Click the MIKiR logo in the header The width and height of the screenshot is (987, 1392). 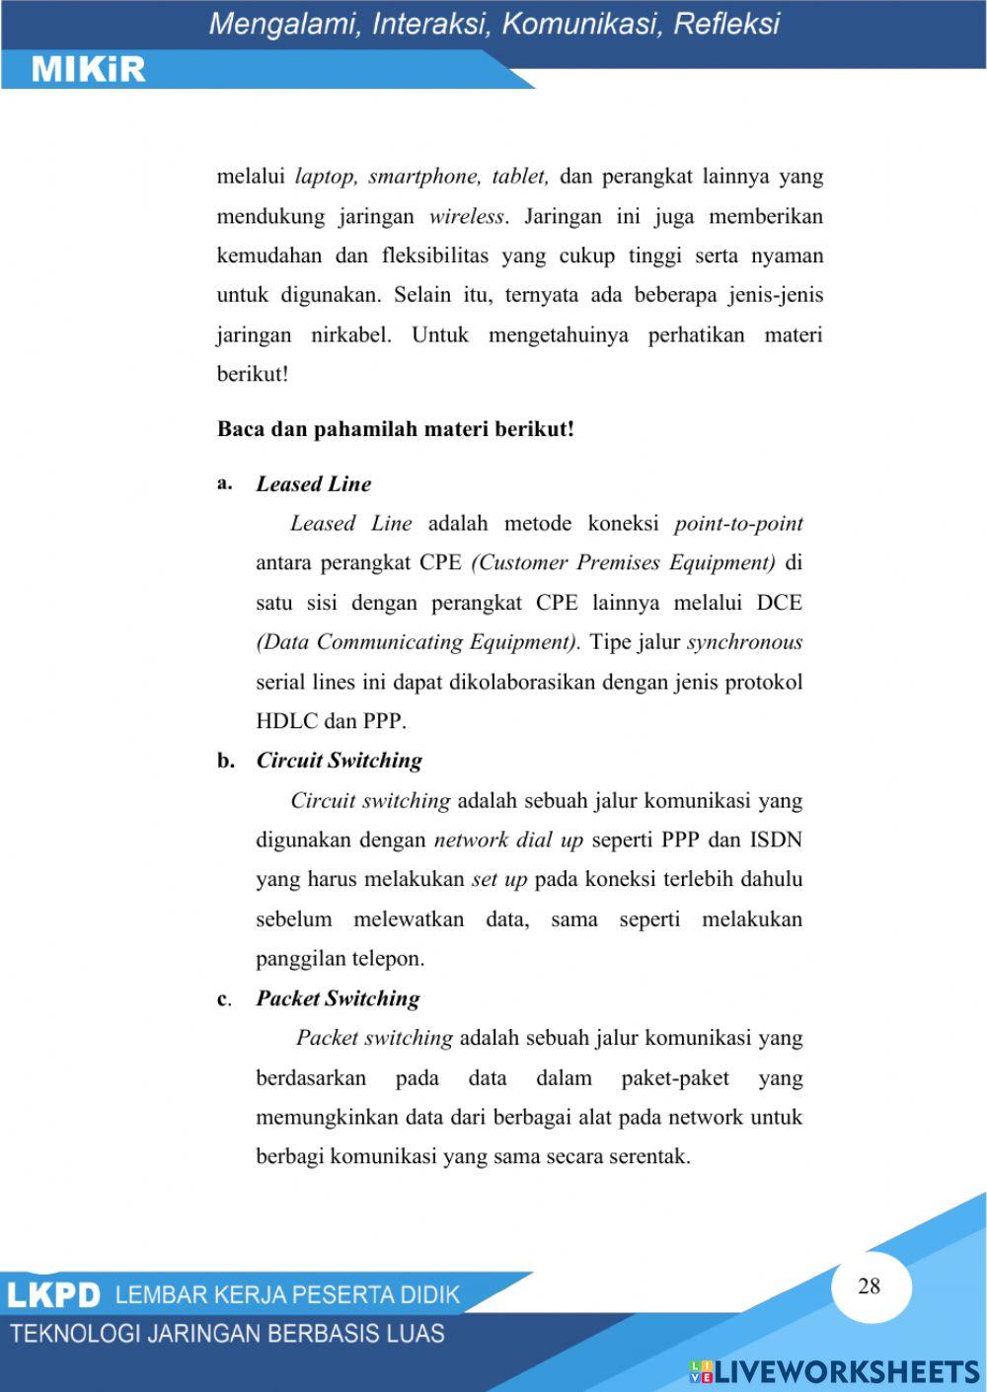click(89, 69)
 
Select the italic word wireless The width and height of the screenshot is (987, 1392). click(466, 216)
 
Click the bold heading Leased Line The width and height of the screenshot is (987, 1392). click(314, 483)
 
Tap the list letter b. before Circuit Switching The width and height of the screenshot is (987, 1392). click(226, 761)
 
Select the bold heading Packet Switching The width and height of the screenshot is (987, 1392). click(338, 998)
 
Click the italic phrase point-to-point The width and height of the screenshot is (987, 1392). click(738, 523)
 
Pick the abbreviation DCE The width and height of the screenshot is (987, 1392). click(779, 603)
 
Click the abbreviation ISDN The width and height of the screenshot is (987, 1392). click(776, 840)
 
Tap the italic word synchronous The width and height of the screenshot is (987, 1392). click(745, 642)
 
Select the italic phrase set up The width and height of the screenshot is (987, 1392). click(499, 879)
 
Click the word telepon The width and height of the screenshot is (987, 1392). click(388, 958)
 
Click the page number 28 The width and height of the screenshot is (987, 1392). click(869, 1285)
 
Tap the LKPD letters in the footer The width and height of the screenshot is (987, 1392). click(54, 1295)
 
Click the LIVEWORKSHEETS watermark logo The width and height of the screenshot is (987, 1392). click(834, 1371)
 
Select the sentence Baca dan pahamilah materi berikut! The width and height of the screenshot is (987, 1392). click(396, 429)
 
